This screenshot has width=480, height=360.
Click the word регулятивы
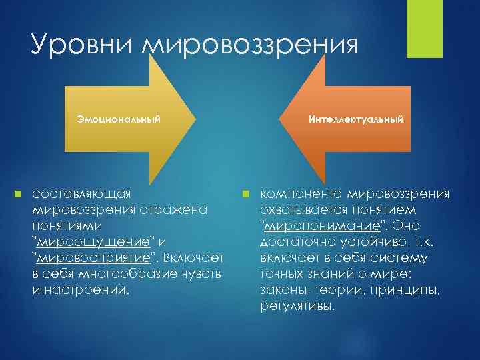[x=298, y=305]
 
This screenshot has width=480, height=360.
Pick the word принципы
[x=411, y=289]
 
